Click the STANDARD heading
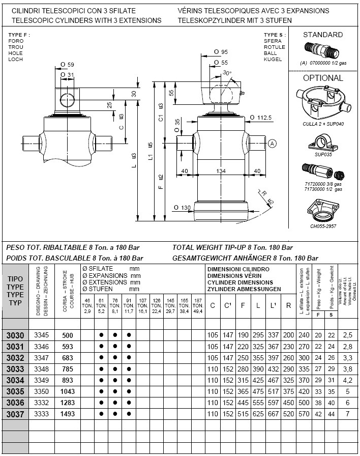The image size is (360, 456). point(323,35)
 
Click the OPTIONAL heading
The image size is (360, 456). point(323,78)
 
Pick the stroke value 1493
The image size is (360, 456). point(67,414)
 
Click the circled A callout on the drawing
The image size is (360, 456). point(272,144)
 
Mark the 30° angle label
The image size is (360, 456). point(227,73)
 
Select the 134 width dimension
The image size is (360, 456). point(221,171)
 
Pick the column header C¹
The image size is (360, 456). point(227,305)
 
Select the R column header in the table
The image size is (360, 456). point(288,305)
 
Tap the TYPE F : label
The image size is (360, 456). point(19,35)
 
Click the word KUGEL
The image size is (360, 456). point(273,60)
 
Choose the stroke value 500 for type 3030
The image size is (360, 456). point(67,335)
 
